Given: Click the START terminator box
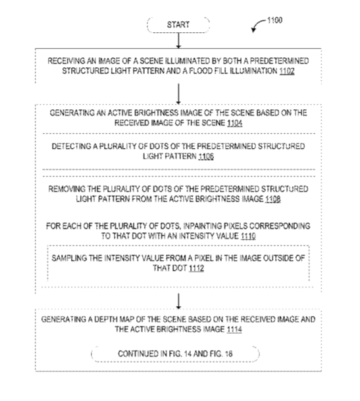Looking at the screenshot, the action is (178, 25).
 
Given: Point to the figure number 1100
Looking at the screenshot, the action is (275, 20).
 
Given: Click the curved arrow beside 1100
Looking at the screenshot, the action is (259, 25).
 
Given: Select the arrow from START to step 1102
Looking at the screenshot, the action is (178, 40).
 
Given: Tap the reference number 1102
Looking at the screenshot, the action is (287, 71).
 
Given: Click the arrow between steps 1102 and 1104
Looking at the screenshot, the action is (178, 94).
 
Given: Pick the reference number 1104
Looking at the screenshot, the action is (235, 123).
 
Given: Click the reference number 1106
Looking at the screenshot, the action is (206, 156).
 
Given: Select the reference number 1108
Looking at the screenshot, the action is (273, 199).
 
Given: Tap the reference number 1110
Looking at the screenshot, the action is (248, 236).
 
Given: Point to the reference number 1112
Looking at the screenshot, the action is (196, 268).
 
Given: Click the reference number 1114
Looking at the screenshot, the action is (234, 329).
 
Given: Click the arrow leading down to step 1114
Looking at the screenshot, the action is (178, 302).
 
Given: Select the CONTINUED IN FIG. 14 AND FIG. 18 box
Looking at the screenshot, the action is (176, 354).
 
